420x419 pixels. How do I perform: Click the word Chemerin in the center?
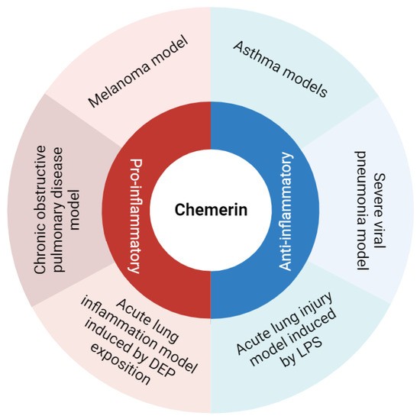pyautogui.click(x=210, y=209)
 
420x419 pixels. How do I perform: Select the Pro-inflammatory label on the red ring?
pyautogui.click(x=134, y=216)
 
